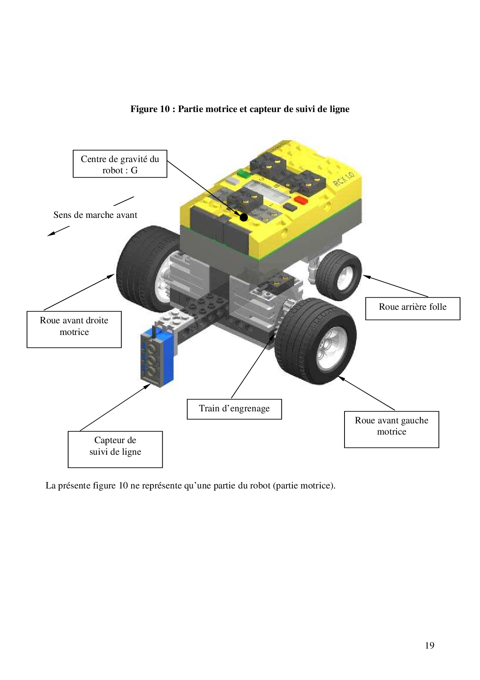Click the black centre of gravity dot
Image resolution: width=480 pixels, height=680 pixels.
coord(243,217)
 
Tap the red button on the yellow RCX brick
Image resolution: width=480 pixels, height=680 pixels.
coord(300,200)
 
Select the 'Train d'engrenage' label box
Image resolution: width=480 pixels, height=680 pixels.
coord(234,409)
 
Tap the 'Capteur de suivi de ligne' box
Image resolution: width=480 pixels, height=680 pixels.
coord(115,449)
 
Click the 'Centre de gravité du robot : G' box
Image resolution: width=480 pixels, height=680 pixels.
coord(120,164)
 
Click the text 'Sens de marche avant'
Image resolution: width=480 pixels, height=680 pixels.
coord(95,215)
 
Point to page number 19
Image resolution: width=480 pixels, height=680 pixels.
coord(429,645)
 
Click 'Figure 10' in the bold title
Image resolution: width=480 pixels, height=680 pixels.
coord(150,109)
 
